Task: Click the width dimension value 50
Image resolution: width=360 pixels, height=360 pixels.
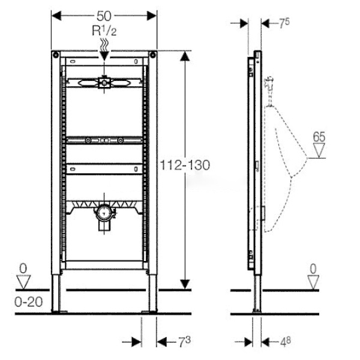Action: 104,16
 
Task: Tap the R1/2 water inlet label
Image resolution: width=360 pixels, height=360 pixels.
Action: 104,31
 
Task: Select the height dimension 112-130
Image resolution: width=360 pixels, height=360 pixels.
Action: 185,165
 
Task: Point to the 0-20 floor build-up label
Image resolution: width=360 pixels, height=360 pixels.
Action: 28,302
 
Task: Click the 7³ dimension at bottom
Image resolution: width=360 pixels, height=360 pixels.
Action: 185,342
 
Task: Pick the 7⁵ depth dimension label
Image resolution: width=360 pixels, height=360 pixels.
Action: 284,23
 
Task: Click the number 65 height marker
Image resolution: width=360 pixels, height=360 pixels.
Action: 319,137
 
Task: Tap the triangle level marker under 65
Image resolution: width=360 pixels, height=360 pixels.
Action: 319,151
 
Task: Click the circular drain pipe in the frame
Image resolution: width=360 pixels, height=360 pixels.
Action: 104,213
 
